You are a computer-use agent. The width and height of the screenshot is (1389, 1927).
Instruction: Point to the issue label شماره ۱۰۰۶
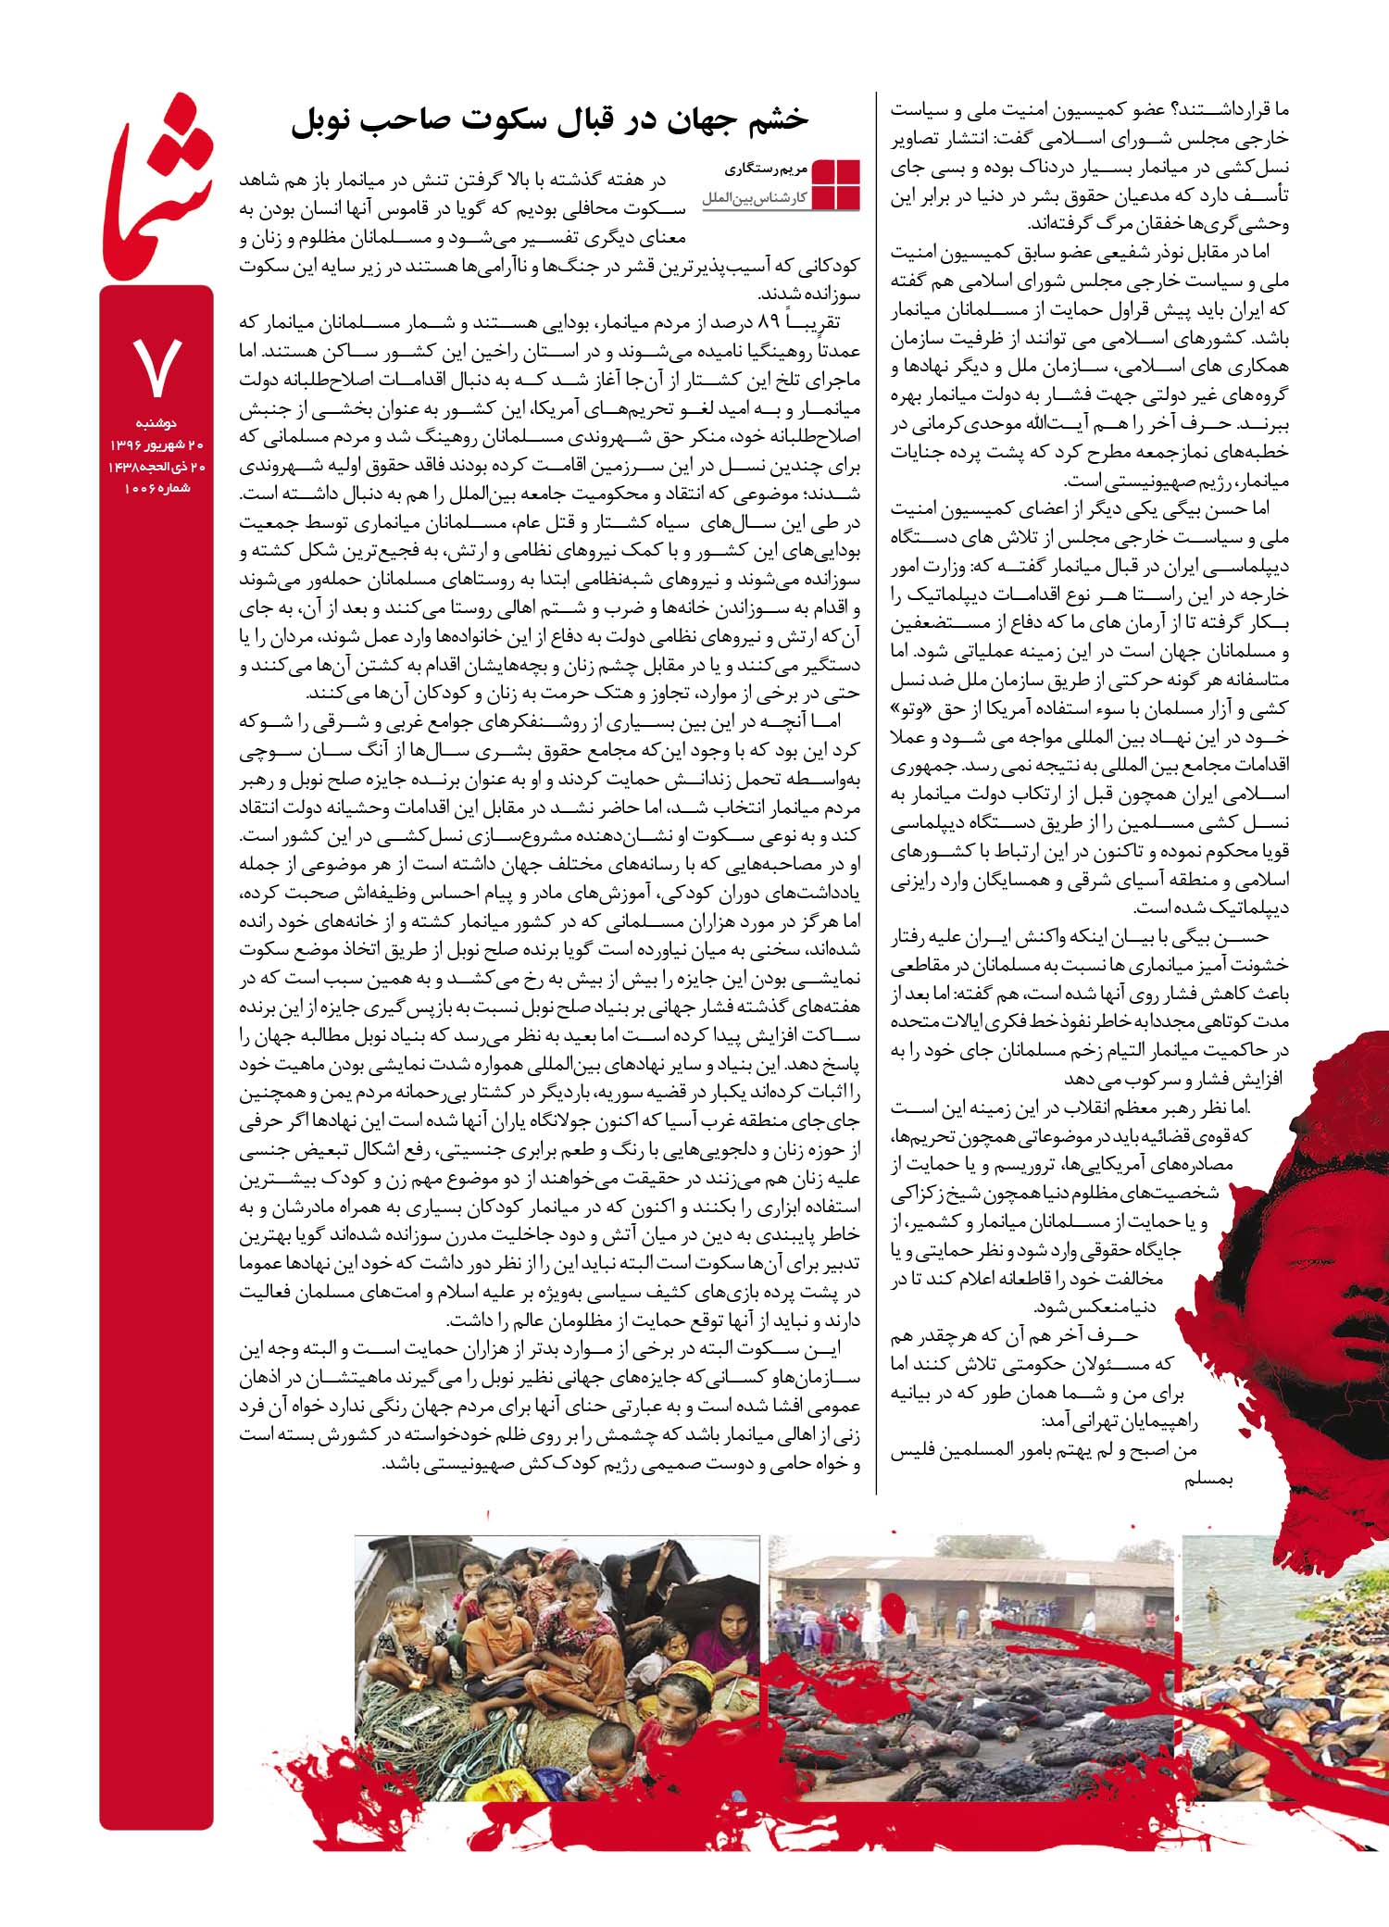pos(156,487)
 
